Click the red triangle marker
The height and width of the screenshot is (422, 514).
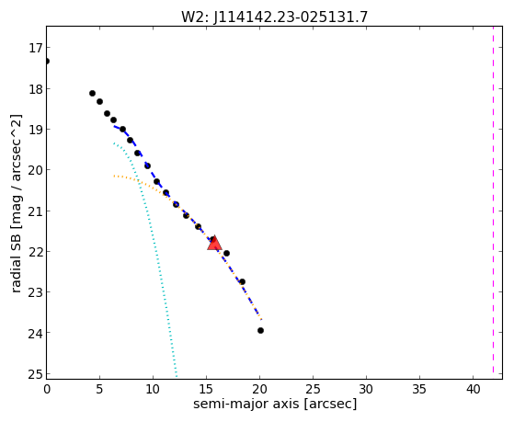(x=215, y=243)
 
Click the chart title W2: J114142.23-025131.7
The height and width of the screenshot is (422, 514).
(x=275, y=17)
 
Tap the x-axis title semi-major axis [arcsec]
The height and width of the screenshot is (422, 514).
(x=275, y=404)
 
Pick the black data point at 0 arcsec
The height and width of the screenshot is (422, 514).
(x=47, y=62)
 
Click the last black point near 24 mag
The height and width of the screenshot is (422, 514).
(x=260, y=330)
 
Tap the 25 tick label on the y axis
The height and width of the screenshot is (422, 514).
(x=35, y=373)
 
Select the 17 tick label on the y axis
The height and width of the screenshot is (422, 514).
(x=35, y=48)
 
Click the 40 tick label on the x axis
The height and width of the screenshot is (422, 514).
(x=473, y=389)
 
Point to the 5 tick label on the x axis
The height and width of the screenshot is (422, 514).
(x=100, y=389)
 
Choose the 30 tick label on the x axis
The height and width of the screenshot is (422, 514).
(x=367, y=389)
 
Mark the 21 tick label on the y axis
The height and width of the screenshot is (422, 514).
(x=35, y=211)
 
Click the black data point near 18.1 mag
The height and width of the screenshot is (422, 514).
(x=93, y=94)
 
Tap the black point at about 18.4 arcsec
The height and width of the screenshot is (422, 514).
(x=242, y=281)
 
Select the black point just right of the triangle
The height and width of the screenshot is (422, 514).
(x=226, y=253)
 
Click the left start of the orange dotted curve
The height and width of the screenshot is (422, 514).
(x=114, y=177)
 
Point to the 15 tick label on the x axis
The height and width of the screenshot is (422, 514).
(x=207, y=389)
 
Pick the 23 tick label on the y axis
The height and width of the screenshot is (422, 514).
(x=35, y=292)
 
